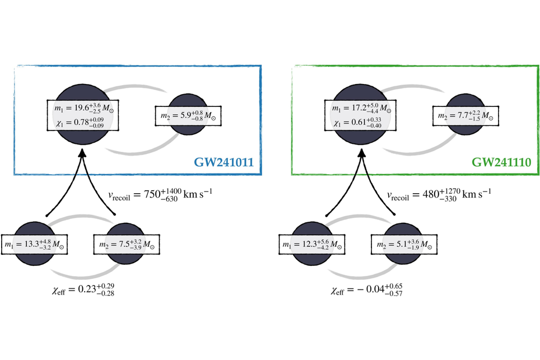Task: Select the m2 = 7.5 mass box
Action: coord(127,244)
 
